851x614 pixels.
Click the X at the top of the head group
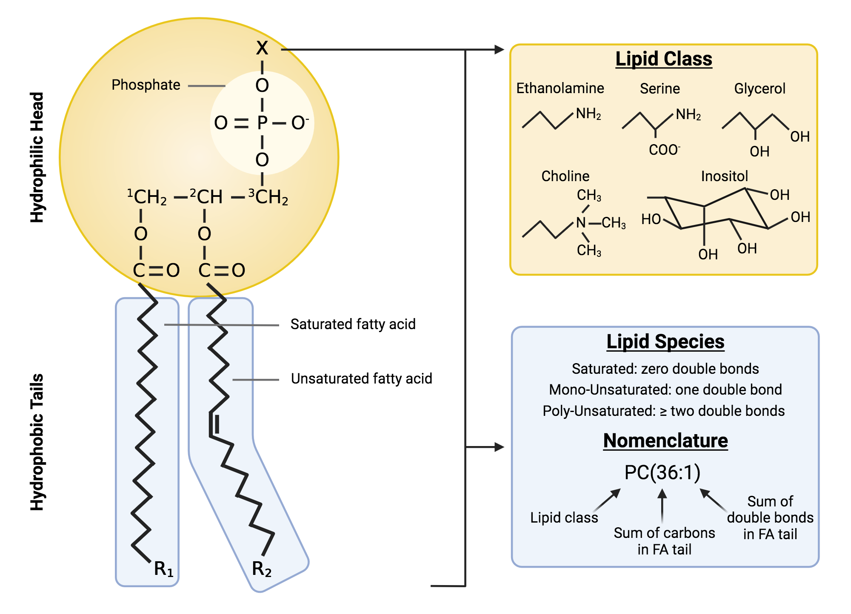click(x=262, y=48)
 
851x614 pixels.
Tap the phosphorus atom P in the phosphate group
click(x=262, y=123)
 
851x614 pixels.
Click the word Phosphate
click(x=146, y=85)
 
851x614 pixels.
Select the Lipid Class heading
click(x=663, y=59)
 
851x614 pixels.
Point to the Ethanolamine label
click(x=560, y=88)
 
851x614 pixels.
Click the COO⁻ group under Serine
click(x=664, y=150)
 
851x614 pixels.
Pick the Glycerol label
click(x=760, y=88)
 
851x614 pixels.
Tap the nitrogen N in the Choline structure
click(x=581, y=222)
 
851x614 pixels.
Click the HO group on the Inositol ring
click(x=651, y=219)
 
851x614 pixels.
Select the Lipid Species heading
click(x=665, y=341)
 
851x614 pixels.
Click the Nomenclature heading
click(x=665, y=441)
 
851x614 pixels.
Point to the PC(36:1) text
click(x=662, y=472)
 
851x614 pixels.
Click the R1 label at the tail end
click(x=163, y=569)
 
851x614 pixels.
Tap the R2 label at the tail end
click(x=261, y=569)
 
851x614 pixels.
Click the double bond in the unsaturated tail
click(x=214, y=424)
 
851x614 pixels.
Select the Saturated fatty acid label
click(x=353, y=324)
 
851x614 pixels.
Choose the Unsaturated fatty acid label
click(x=361, y=378)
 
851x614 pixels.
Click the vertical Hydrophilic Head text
click(x=37, y=157)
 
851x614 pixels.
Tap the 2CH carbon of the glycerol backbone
click(x=207, y=197)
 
